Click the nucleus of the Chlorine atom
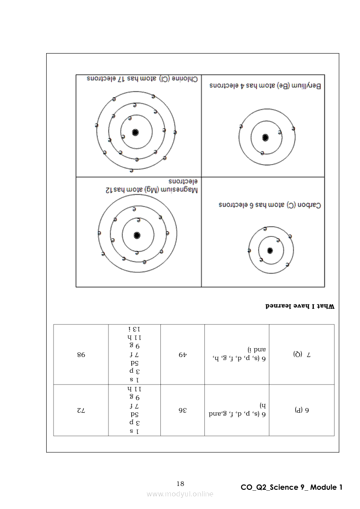(135, 132)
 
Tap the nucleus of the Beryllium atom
(265, 138)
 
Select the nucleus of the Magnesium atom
(137, 235)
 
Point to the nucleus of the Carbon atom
(270, 250)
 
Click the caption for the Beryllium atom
(265, 86)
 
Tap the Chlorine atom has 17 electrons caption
(137, 79)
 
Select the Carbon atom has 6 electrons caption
(270, 205)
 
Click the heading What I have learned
(300, 307)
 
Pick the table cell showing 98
(81, 355)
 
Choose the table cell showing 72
(81, 410)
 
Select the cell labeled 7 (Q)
(301, 355)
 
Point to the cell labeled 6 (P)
(301, 410)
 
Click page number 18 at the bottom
(180, 484)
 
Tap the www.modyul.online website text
(180, 494)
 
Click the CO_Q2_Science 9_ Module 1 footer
(292, 487)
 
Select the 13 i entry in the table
(134, 330)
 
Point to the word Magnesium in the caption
(180, 190)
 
